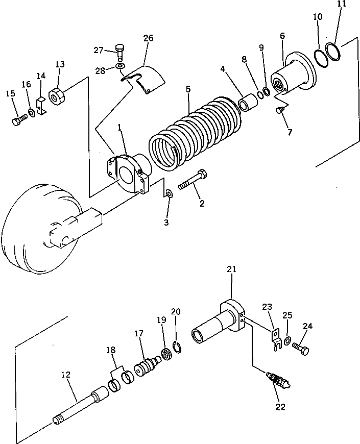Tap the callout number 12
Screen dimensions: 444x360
[x=65, y=375]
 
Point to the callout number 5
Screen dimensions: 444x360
[x=188, y=89]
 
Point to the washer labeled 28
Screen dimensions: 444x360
[x=119, y=66]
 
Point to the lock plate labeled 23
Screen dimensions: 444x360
[x=277, y=336]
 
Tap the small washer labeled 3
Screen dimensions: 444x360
[x=170, y=194]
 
